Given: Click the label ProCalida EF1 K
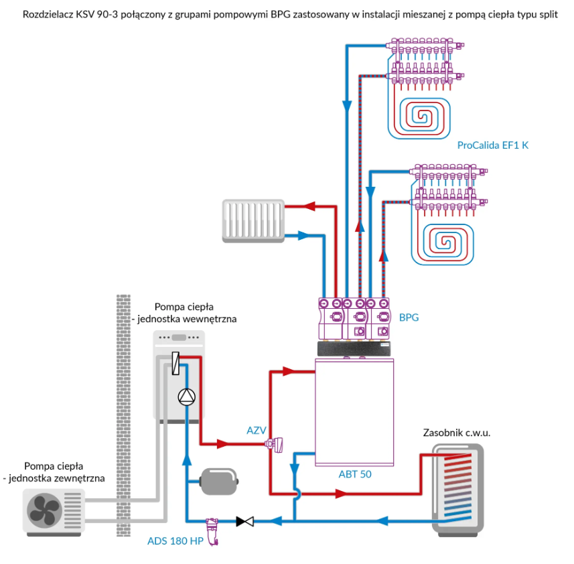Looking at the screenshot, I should click(x=492, y=145).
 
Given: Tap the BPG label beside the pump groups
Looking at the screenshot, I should click(x=409, y=318).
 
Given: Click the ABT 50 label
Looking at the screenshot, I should click(x=355, y=474).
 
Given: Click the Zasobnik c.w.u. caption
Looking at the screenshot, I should click(x=457, y=433).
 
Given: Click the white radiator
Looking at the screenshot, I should click(x=254, y=221).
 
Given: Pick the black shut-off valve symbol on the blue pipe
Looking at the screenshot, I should click(x=245, y=520).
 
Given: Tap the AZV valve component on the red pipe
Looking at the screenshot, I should click(x=275, y=443).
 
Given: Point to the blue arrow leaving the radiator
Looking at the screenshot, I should click(x=302, y=235).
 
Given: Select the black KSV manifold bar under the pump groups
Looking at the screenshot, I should click(x=356, y=348).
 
